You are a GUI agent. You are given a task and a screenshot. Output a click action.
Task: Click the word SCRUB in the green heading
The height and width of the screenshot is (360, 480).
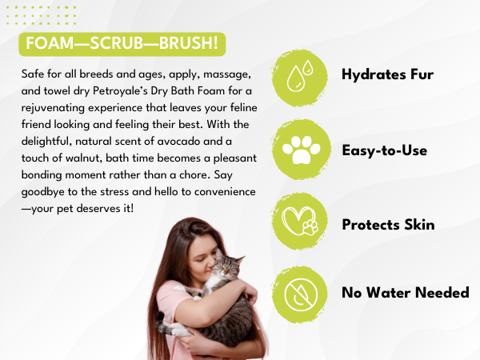tap(117, 43)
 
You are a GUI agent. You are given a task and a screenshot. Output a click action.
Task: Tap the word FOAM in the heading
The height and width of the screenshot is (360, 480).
tap(50, 43)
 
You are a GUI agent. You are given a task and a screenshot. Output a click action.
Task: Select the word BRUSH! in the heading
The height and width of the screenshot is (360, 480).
tap(189, 43)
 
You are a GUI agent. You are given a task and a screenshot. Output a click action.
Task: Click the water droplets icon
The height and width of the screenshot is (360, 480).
tap(300, 76)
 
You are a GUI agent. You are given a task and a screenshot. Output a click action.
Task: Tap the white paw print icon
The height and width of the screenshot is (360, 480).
tap(302, 150)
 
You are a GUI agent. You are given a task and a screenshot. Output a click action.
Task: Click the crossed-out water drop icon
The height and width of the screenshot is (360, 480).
tap(301, 295)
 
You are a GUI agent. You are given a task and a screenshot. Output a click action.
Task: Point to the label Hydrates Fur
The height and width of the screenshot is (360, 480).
tap(387, 74)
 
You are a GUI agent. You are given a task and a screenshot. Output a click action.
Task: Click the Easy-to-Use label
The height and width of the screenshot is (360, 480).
tap(385, 150)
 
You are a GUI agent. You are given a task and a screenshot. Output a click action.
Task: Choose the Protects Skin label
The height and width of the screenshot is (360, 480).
tap(388, 224)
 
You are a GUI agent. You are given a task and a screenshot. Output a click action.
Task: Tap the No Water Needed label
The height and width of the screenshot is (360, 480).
tap(406, 292)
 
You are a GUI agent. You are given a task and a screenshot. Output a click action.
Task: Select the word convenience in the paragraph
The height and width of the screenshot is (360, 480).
tap(225, 192)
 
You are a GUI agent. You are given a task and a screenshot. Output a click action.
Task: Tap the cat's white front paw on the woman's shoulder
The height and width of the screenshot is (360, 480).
tap(181, 288)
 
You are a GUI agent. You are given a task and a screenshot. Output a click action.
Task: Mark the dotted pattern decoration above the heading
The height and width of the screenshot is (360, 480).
tap(41, 15)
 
